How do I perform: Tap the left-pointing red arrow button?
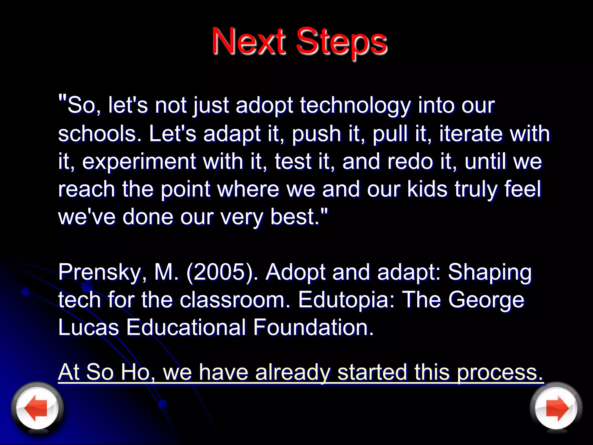(x=37, y=408)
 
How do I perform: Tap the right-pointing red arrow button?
(x=556, y=408)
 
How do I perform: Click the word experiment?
(x=139, y=162)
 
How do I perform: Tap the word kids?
(x=427, y=189)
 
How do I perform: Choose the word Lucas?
(x=89, y=327)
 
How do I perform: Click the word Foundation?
(x=313, y=327)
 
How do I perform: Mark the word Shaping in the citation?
(x=490, y=273)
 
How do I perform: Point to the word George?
(x=486, y=300)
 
